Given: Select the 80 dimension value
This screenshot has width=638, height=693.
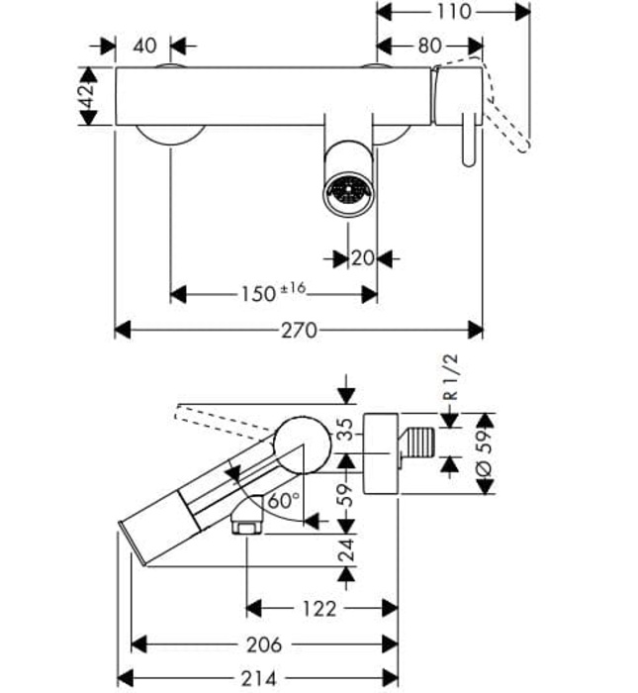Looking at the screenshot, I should click(x=429, y=46).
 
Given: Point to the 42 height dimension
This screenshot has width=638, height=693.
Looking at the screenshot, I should click(x=87, y=96).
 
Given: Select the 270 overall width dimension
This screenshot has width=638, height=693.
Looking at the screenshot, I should click(x=299, y=330).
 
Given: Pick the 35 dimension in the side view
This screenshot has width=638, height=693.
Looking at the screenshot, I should click(x=344, y=430).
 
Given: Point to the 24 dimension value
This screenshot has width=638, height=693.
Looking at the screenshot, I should click(x=344, y=550).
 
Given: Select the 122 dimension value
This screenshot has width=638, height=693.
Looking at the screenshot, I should click(x=319, y=608).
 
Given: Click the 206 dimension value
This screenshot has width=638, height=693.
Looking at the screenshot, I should click(x=264, y=644).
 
